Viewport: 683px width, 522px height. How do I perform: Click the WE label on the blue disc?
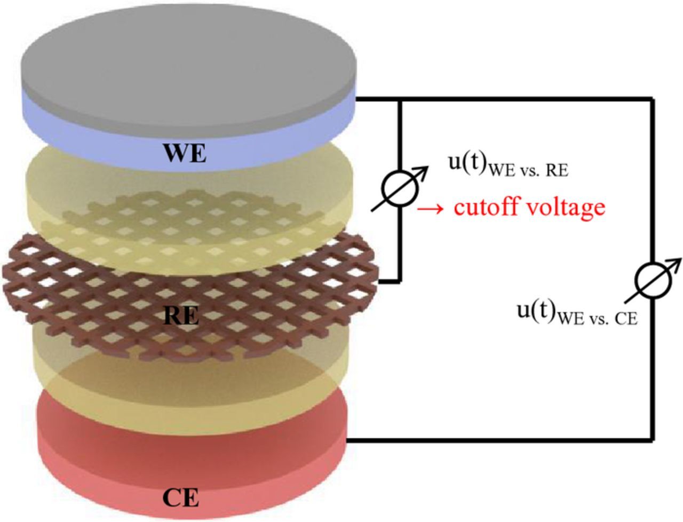[185, 155]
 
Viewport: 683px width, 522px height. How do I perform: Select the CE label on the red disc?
[180, 499]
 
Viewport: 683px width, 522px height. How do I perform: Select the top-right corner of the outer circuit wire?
[652, 99]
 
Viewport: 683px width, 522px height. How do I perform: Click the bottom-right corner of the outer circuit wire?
[652, 440]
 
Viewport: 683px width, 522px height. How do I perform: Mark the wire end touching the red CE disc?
[350, 440]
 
